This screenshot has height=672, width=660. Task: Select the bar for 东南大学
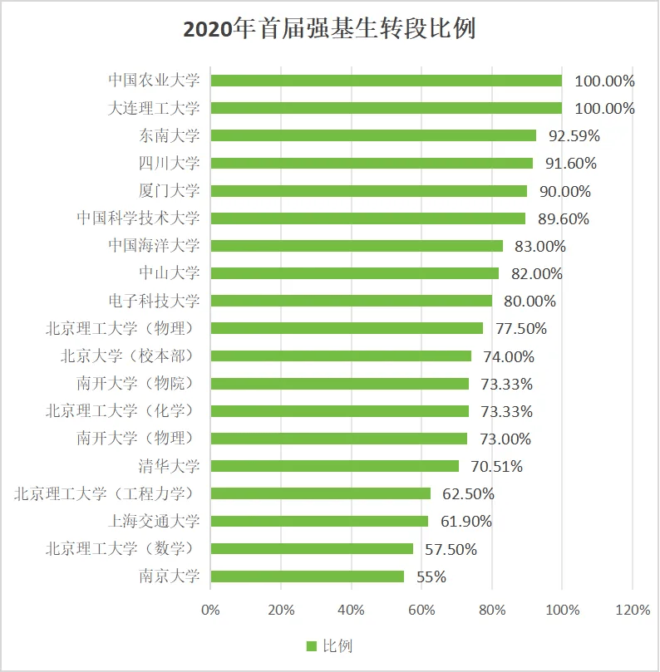(x=373, y=135)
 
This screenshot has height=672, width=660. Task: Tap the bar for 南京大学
(x=307, y=576)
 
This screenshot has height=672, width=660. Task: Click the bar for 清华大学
(x=334, y=466)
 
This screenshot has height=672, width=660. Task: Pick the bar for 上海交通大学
(x=319, y=521)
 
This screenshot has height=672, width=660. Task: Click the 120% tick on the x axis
(x=633, y=610)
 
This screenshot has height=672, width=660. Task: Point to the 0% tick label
(x=211, y=610)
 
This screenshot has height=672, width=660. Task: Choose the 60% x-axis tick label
(x=422, y=610)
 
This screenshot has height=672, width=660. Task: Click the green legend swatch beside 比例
(x=312, y=646)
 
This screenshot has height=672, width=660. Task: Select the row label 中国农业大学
(x=155, y=81)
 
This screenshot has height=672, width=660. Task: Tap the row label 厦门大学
(x=170, y=190)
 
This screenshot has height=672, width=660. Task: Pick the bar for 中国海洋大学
(x=357, y=246)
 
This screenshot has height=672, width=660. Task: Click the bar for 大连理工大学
(x=386, y=108)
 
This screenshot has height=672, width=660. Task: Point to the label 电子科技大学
(x=155, y=301)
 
